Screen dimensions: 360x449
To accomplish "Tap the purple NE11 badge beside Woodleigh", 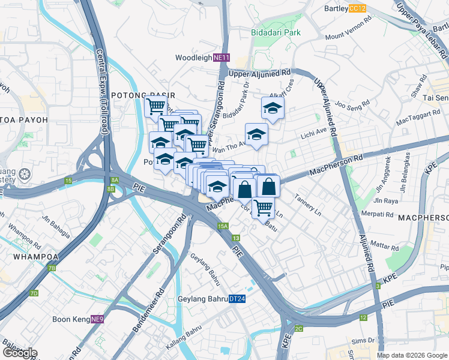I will [221, 58].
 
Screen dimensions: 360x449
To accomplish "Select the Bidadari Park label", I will [276, 32].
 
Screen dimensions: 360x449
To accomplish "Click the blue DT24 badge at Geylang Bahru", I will [237, 299].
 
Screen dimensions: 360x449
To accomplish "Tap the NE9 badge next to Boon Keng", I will [97, 320].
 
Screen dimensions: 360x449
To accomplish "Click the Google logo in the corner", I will [19, 353].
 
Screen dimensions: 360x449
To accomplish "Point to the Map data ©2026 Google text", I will [412, 355].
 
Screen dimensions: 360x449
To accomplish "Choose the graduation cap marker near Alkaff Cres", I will [273, 109].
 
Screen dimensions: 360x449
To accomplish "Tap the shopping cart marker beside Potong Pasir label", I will [156, 107].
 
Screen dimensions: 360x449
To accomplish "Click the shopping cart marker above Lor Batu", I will [263, 208].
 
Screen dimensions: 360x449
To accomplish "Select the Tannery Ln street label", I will [308, 206].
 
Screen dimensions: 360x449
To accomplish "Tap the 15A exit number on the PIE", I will [223, 226].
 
